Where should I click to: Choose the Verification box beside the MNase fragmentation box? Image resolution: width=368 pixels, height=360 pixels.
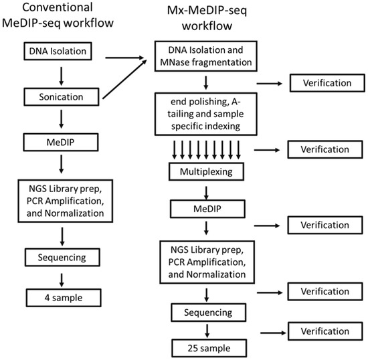320,84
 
